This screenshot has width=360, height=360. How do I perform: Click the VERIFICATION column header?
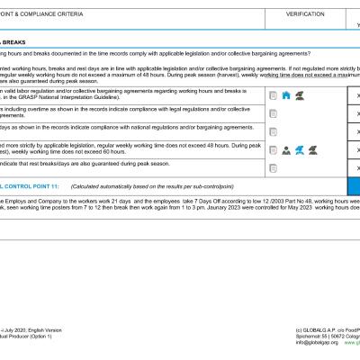(x=305, y=14)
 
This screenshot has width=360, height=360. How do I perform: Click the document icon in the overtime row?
(x=273, y=112)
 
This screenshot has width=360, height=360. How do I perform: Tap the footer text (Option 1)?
(x=45, y=337)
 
